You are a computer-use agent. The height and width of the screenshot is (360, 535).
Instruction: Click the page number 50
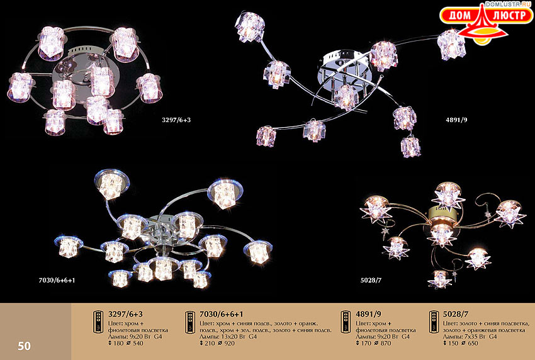(x=24, y=346)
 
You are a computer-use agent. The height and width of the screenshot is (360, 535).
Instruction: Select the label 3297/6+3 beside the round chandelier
(x=176, y=120)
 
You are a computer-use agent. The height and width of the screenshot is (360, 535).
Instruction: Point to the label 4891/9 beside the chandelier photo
(x=456, y=120)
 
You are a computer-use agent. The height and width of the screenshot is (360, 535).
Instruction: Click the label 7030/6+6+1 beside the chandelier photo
(x=57, y=281)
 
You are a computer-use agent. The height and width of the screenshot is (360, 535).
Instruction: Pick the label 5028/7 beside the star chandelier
(x=371, y=281)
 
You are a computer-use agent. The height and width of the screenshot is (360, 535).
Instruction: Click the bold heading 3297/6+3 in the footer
(x=125, y=313)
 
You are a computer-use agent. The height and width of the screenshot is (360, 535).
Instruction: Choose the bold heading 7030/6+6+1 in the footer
(x=222, y=313)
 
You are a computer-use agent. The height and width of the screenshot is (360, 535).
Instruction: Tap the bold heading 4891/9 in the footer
(x=368, y=313)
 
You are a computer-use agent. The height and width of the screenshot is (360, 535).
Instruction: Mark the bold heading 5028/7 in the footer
(x=456, y=313)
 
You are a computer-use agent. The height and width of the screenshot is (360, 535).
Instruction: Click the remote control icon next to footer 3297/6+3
(x=98, y=322)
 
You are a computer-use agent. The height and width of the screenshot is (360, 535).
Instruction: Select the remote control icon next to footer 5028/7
(x=434, y=322)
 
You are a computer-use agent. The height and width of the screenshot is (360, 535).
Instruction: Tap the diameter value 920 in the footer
(x=229, y=343)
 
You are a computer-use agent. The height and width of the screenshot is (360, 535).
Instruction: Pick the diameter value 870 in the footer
(x=386, y=343)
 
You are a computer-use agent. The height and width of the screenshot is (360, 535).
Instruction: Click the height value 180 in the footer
(x=118, y=343)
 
